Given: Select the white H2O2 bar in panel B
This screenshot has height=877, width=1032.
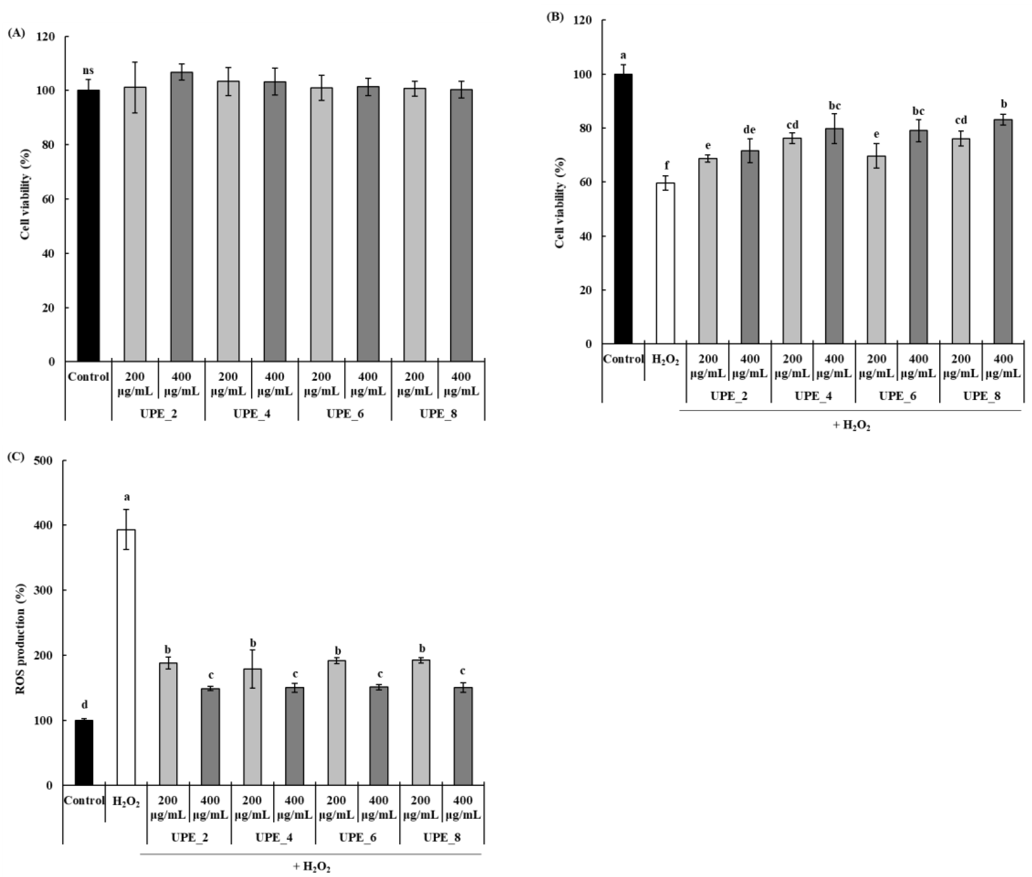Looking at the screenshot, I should coord(665,264).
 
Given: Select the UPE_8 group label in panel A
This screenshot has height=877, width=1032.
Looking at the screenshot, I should coord(438,414).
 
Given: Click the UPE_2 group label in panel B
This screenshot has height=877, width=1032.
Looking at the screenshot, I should coord(729,396).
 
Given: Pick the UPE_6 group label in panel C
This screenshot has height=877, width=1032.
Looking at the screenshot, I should coord(357,837).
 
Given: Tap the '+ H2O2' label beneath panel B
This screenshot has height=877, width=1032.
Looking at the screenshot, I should coord(851,426).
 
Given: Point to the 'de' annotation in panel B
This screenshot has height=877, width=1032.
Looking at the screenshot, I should coord(749,130).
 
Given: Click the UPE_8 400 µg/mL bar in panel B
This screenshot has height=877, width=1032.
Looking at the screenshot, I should coord(1003,232).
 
